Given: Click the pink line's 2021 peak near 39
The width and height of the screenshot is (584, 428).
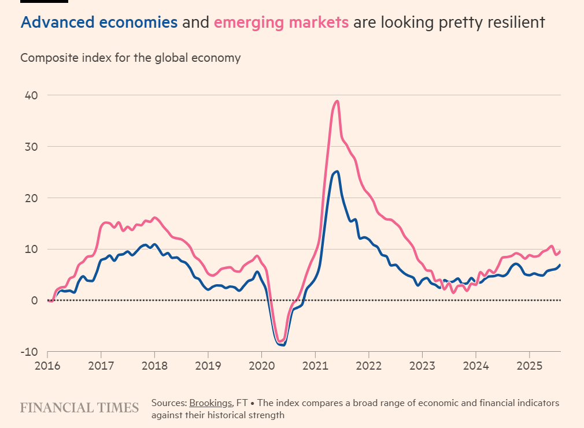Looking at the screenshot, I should (337, 101).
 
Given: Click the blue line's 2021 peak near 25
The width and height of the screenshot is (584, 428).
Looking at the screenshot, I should (337, 172).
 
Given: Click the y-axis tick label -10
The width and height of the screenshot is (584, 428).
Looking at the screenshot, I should (29, 352).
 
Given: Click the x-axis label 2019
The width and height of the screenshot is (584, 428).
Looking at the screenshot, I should (208, 366).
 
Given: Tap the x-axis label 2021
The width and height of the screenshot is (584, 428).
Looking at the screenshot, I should (315, 366).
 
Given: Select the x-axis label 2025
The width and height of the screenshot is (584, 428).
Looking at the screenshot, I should (530, 366).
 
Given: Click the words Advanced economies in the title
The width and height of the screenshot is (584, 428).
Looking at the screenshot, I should (99, 23).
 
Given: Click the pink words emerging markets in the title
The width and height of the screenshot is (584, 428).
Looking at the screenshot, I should (281, 23).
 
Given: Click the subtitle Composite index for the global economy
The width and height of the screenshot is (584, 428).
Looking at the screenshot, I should (131, 58).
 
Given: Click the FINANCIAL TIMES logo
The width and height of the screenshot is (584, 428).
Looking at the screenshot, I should (79, 408).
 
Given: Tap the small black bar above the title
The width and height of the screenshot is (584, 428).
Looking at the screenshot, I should (45, 1).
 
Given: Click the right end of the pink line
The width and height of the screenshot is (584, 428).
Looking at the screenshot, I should (560, 251).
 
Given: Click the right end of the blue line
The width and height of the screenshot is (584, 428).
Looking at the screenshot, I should (560, 265).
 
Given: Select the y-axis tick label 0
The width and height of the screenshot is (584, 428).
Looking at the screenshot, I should (35, 300).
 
